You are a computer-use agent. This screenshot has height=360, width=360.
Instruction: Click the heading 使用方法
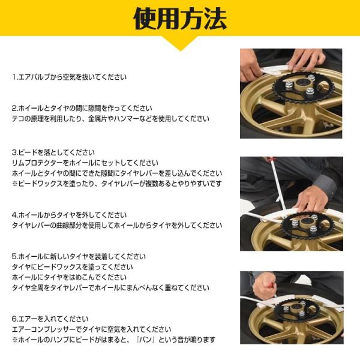(180, 19)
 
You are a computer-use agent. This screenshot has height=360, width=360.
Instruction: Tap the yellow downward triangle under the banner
(180, 44)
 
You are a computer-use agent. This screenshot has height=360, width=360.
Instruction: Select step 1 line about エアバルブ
(70, 77)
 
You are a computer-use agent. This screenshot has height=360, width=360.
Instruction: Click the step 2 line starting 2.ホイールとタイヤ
(82, 108)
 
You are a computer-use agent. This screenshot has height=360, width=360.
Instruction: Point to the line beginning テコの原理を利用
(110, 119)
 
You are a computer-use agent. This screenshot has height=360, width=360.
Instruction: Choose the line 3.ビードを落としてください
(53, 152)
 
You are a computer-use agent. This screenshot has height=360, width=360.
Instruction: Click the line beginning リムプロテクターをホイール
(85, 163)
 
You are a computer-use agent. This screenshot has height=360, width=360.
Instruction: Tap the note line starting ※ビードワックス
(117, 184)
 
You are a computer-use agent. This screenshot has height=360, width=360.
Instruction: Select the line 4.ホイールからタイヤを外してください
(70, 215)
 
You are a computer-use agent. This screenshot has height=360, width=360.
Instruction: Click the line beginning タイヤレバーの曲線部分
(117, 226)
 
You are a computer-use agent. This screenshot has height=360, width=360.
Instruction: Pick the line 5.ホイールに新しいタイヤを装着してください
(79, 256)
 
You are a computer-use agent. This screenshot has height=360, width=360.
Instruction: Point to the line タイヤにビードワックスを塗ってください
(73, 267)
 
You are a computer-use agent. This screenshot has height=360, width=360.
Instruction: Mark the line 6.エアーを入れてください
(50, 319)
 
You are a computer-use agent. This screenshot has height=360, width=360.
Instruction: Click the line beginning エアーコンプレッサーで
(92, 329)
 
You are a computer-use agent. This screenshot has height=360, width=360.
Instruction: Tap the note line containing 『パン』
(114, 340)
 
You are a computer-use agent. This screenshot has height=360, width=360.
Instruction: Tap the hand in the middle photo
(312, 199)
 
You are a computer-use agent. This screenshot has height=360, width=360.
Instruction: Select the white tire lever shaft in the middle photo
(278, 187)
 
